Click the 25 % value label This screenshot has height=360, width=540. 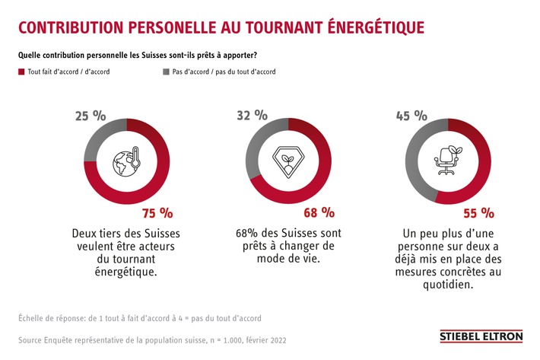pyautogui.click(x=90, y=116)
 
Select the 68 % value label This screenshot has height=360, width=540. pyautogui.click(x=317, y=212)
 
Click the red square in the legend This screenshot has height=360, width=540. pyautogui.click(x=21, y=72)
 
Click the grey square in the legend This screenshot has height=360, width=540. pyautogui.click(x=167, y=72)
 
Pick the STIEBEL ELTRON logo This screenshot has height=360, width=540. pyautogui.click(x=482, y=336)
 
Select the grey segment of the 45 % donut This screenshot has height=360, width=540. pyautogui.click(x=415, y=160)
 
